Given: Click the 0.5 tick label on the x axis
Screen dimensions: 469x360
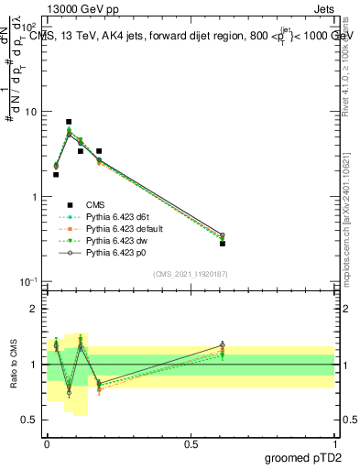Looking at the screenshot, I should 190,443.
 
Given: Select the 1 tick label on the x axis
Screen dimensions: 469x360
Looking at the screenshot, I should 334,443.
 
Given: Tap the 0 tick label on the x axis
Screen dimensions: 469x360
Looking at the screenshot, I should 47,443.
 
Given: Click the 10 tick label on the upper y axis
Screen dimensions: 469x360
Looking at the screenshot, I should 30,112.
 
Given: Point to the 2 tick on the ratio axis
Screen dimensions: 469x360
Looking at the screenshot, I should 38,309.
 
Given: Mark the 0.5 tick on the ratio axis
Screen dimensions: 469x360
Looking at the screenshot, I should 33,420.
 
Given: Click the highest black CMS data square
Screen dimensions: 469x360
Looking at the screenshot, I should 69,122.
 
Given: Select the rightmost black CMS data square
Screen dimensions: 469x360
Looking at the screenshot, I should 223,244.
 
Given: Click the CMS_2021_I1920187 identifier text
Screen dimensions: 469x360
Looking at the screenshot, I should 190,274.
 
